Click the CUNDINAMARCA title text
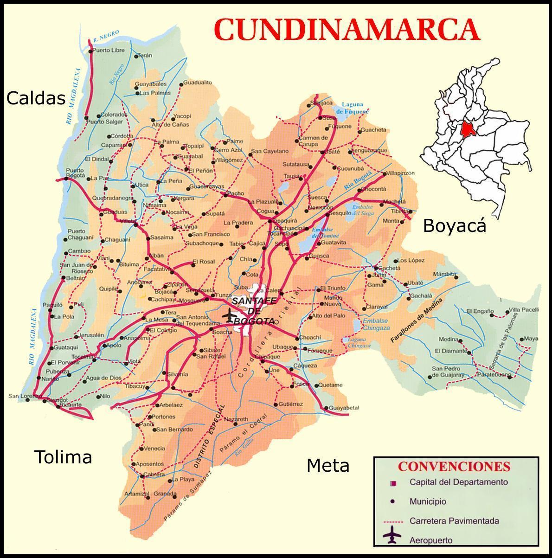pyautogui.click(x=347, y=29)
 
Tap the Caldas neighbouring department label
pyautogui.click(x=36, y=98)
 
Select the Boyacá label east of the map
pyautogui.click(x=455, y=226)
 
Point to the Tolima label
pyautogui.click(x=64, y=457)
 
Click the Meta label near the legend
pyautogui.click(x=328, y=465)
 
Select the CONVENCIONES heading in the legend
pyautogui.click(x=454, y=467)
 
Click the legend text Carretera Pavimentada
pyautogui.click(x=454, y=521)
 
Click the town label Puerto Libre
pyautogui.click(x=109, y=50)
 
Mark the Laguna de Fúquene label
pyautogui.click(x=353, y=108)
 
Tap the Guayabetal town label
pyautogui.click(x=344, y=408)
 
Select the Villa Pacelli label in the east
pyautogui.click(x=524, y=310)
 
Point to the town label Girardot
pyautogui.click(x=57, y=400)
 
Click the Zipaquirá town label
pyautogui.click(x=283, y=221)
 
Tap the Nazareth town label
pyautogui.click(x=237, y=419)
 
